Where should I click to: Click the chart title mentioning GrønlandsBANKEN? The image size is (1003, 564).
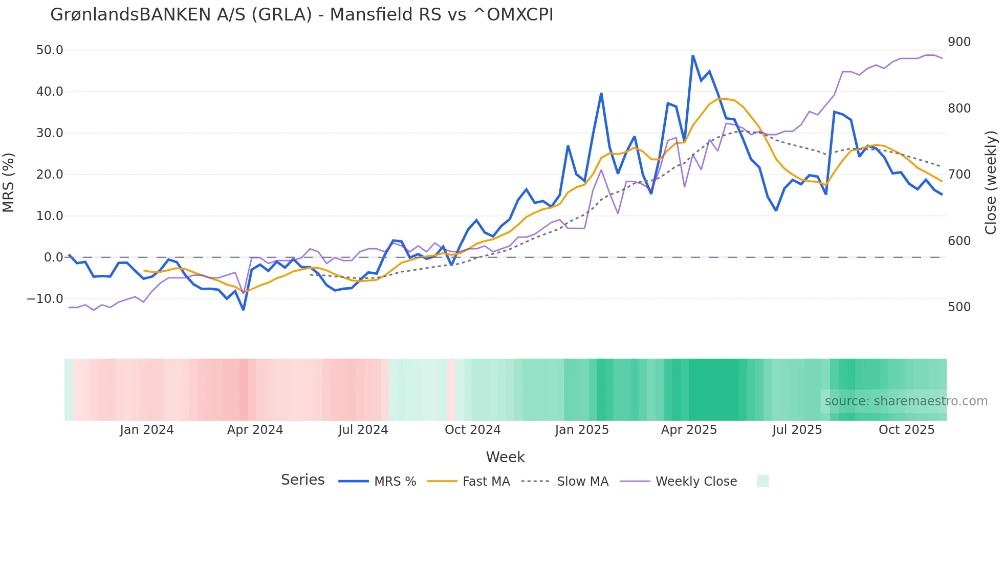302,15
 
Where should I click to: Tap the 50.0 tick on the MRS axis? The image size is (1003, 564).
50,50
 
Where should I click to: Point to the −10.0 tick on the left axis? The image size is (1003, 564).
45,299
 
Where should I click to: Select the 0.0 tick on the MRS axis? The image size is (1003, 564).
53,257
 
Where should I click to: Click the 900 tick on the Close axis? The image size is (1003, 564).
959,42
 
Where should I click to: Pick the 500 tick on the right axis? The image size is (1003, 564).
959,307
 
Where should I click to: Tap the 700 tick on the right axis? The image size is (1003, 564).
959,175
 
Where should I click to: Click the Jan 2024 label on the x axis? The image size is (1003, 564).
147,430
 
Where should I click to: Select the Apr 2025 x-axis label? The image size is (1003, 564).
689,430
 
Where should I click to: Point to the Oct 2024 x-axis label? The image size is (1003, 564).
472,430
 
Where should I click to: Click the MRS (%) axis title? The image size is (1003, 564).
8,183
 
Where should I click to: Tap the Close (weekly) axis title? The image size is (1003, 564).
991,183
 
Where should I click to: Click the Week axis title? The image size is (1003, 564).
505,457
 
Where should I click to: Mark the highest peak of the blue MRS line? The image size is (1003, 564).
693,56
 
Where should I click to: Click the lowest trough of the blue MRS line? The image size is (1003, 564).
244,310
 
